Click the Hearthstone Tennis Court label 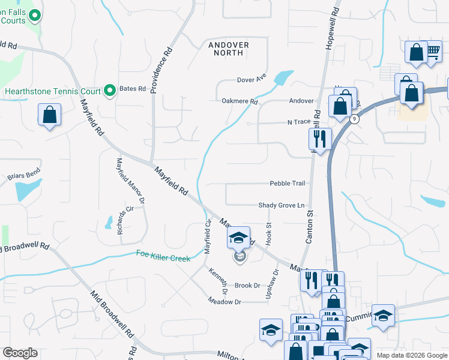point(53,91)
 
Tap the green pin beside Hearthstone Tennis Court point(109,91)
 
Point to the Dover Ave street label point(251,79)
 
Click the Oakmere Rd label point(240,101)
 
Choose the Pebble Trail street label point(287,184)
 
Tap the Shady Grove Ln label point(282,205)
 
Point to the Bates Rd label point(133,89)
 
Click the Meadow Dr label point(224,301)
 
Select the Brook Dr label point(247,286)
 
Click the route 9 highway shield point(355,119)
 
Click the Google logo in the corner point(20,353)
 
